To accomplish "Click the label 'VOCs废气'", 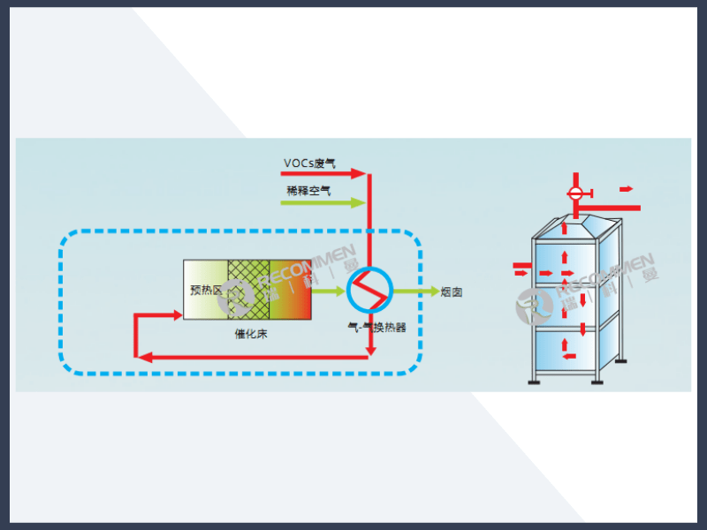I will [309, 163].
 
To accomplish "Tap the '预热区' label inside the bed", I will [206, 290].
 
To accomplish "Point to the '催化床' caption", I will [250, 334].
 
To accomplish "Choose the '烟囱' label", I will [452, 291].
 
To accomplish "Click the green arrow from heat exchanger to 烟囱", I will [414, 290].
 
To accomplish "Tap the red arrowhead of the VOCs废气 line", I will [359, 174].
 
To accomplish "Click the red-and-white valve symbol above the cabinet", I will [575, 193].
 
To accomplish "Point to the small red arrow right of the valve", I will [626, 188].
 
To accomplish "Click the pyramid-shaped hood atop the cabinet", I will [577, 226].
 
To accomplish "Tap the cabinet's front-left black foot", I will [535, 381].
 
